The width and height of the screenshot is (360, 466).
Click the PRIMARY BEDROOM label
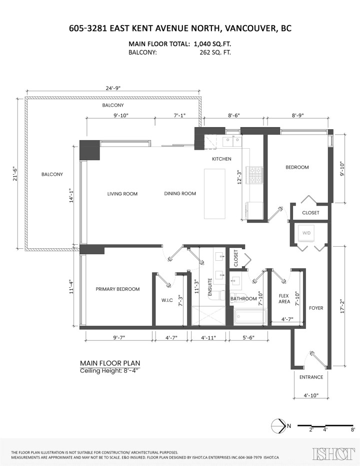(117, 289)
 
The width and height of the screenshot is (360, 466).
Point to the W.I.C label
(166, 300)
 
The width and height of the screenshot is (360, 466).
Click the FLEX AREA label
(284, 299)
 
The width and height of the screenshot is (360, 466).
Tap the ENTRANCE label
(311, 377)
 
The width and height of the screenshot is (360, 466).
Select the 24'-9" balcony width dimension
(113, 88)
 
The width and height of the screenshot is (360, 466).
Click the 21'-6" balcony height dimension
(15, 173)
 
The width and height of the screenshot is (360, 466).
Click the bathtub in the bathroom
(250, 316)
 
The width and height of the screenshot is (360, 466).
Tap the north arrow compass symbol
(277, 426)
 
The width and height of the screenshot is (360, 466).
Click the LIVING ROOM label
(122, 194)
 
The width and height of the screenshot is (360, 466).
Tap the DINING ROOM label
(180, 194)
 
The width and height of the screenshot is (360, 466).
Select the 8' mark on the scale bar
(353, 429)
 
